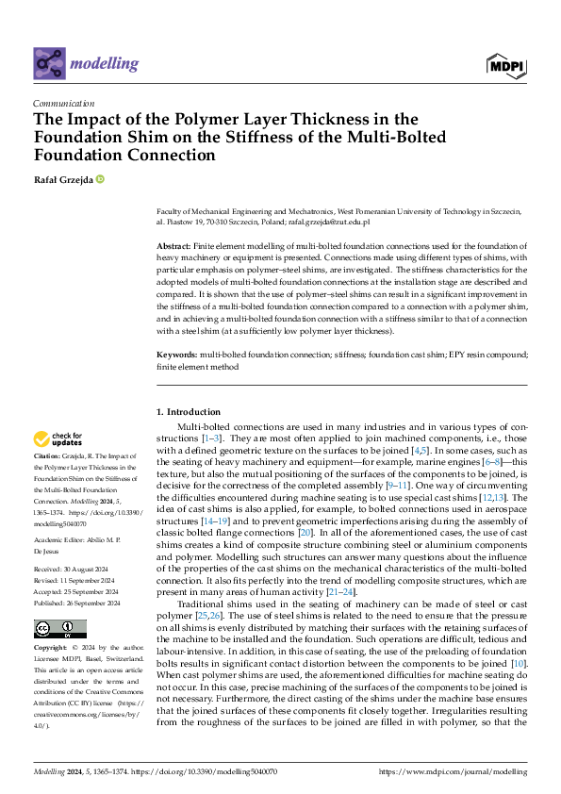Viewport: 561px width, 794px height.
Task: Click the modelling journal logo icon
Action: pyautogui.click(x=50, y=63)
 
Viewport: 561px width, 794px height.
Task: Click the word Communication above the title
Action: pyautogui.click(x=63, y=104)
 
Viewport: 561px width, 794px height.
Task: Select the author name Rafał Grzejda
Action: pyautogui.click(x=62, y=179)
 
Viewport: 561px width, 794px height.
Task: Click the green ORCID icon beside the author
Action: pyautogui.click(x=99, y=179)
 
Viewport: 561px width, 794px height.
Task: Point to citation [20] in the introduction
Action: pyautogui.click(x=305, y=534)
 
